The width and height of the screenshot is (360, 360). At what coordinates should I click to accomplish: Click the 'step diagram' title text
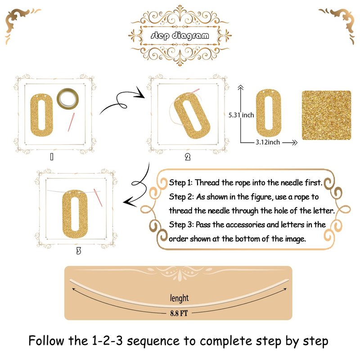180,36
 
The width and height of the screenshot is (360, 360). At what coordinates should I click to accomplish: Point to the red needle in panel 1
71,122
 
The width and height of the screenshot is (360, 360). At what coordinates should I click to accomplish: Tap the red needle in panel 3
98,198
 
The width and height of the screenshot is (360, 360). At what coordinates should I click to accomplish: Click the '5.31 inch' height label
241,115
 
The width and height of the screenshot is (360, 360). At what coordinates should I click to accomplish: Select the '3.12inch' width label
268,142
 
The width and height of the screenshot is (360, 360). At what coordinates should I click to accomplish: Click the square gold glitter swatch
326,115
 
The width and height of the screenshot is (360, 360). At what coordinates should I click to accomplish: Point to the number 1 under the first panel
52,157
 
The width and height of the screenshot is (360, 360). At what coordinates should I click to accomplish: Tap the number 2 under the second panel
188,157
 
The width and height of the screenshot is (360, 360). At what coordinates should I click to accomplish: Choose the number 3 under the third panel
78,251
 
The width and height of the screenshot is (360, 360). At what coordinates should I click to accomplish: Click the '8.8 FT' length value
179,313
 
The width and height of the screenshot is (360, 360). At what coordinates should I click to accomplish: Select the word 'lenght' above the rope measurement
179,298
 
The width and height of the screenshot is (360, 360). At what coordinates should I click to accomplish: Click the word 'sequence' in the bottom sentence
153,341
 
